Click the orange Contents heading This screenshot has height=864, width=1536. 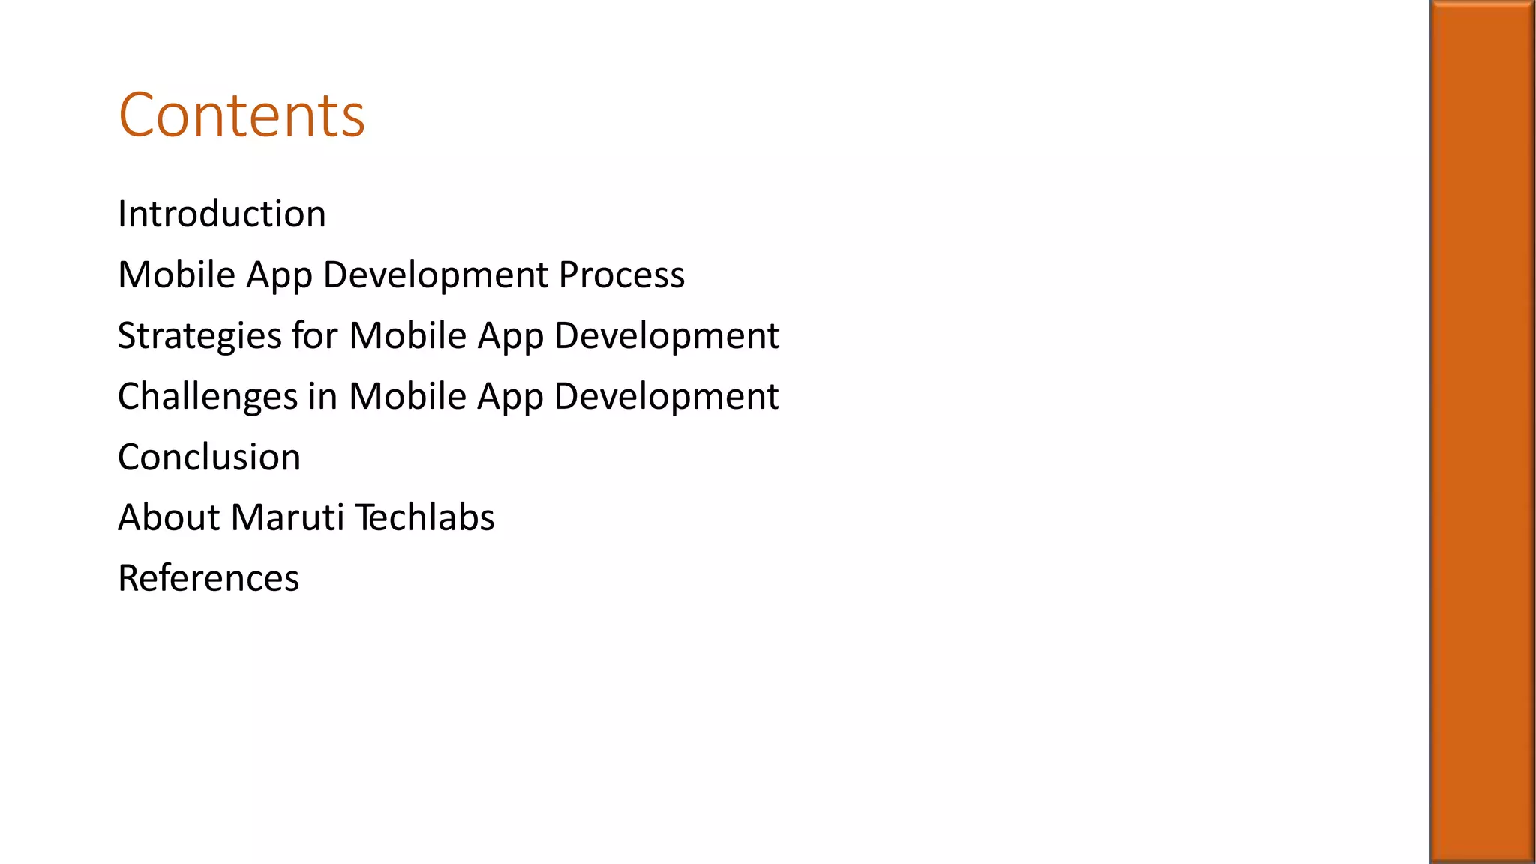point(241,115)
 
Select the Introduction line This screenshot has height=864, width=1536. point(222,214)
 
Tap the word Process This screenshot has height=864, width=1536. point(621,274)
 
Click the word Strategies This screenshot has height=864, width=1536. point(199,336)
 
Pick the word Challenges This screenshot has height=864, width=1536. point(208,397)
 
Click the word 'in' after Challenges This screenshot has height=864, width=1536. point(322,396)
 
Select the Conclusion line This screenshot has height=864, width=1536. point(209,457)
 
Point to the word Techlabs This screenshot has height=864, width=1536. point(424,517)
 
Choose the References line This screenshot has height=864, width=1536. point(208,578)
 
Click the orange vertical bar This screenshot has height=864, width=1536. point(1482,432)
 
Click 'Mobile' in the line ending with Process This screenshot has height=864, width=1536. point(177,274)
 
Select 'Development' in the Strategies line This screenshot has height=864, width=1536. point(667,336)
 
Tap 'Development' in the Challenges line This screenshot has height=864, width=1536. point(667,397)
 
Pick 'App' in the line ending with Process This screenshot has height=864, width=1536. point(279,276)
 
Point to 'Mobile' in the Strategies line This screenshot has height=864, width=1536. point(408,335)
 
